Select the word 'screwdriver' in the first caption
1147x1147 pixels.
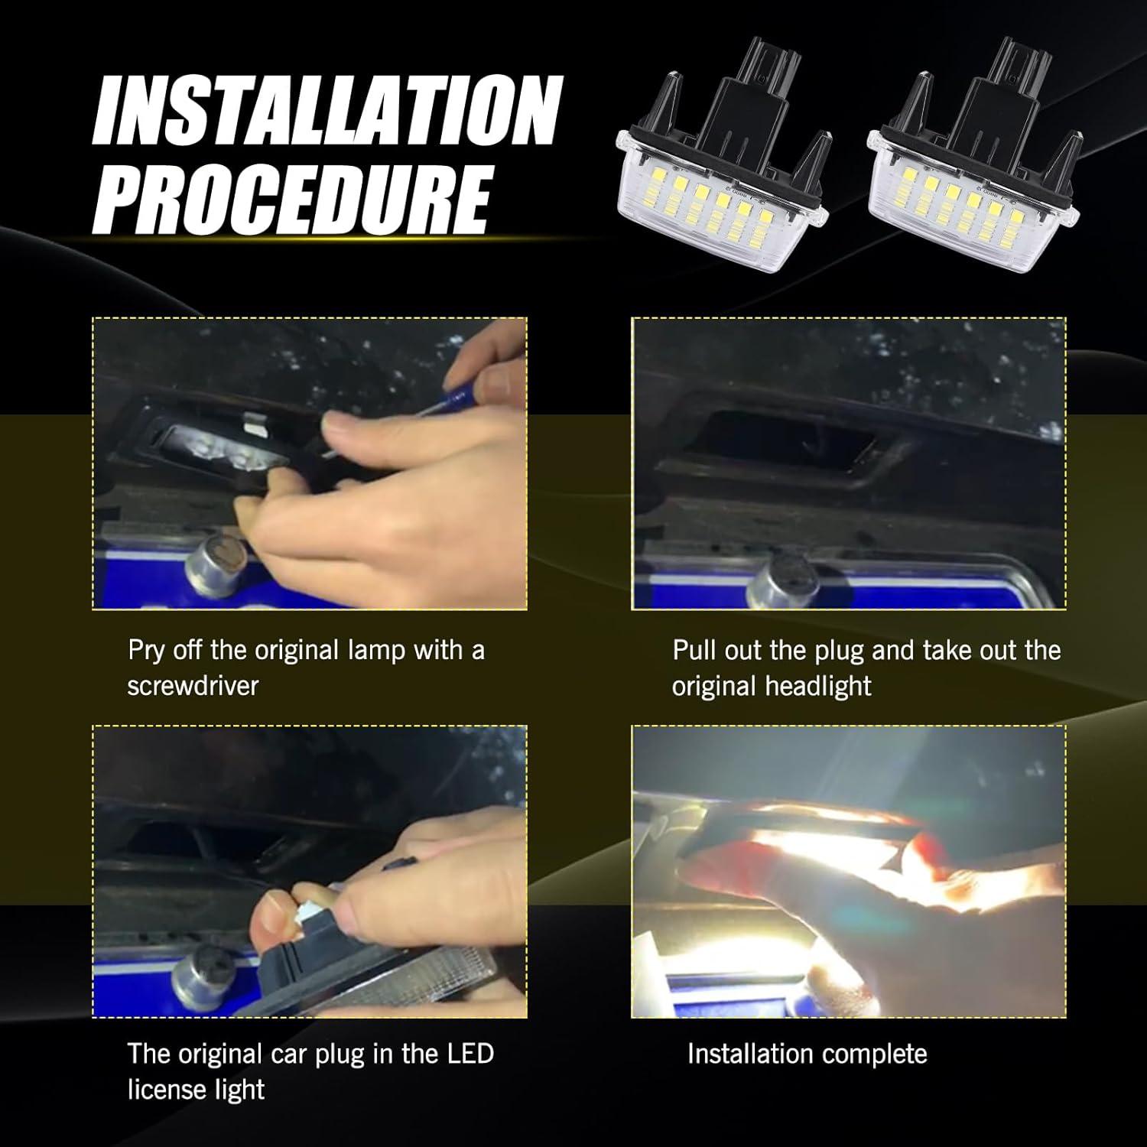pyautogui.click(x=193, y=686)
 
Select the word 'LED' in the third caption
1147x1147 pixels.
pyautogui.click(x=467, y=1054)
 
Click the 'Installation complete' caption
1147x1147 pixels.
pyautogui.click(x=807, y=1054)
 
